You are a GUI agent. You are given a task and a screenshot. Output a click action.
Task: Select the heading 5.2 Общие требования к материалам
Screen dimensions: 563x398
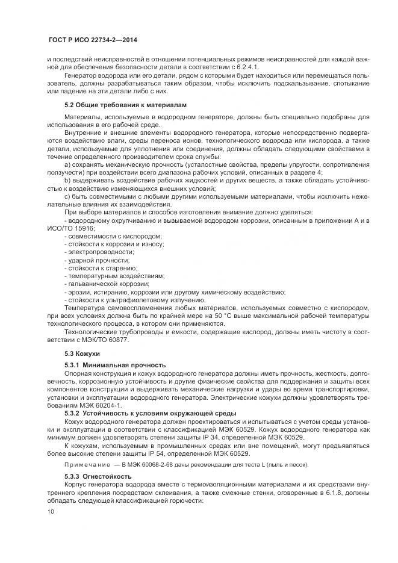(x=126, y=105)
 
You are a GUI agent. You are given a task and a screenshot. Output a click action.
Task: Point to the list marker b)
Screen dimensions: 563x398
(x=68, y=180)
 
